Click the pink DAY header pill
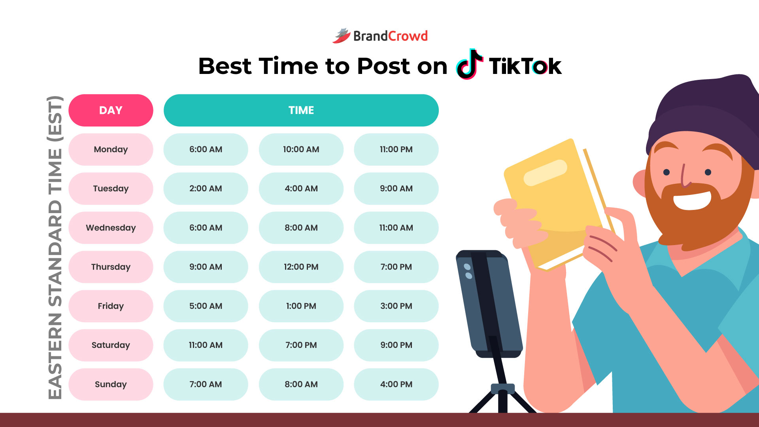pos(111,110)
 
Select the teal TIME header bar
pos(301,110)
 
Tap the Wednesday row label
pos(111,228)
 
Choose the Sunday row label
pos(111,384)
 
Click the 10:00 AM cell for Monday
pos(301,149)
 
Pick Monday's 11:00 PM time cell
pos(396,149)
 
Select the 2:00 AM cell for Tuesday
pos(206,189)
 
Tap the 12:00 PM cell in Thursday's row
pos(301,267)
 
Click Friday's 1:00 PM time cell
pos(301,306)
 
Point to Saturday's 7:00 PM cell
pos(301,345)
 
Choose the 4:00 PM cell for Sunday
pos(396,384)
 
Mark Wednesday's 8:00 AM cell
pos(301,228)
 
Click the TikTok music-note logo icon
pos(469,64)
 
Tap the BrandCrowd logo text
pos(390,36)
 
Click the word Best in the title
pos(225,66)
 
